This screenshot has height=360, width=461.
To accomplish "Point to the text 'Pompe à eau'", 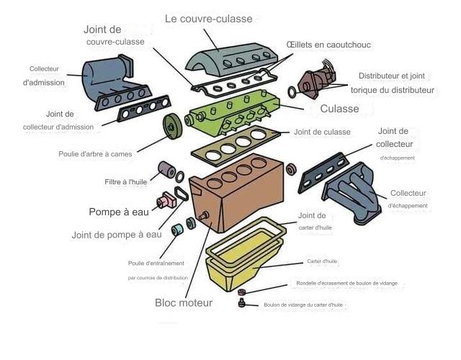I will [119, 212].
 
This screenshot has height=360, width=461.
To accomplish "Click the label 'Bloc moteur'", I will [184, 303].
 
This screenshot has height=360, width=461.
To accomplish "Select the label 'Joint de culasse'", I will [322, 132].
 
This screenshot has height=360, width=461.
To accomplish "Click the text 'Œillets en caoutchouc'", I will [328, 45].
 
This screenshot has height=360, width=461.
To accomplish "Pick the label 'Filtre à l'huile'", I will [125, 182].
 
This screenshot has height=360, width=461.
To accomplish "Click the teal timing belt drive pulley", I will [177, 230].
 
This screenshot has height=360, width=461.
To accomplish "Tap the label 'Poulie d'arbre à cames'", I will [97, 154].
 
